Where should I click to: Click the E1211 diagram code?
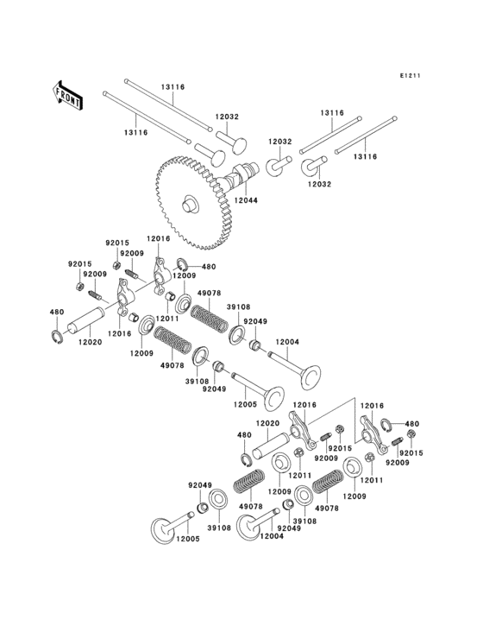pos(410,77)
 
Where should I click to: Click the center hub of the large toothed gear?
pos(187,205)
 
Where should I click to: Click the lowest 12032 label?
pos(318,185)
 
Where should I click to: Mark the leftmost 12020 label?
pos(91,342)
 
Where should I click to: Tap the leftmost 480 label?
pos(56,313)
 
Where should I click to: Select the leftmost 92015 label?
pos(79,265)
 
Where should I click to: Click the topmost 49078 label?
pos(210,294)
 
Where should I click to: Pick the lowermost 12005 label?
pos(189,539)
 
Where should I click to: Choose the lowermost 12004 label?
pos(271,537)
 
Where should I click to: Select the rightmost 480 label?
pos(411,424)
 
